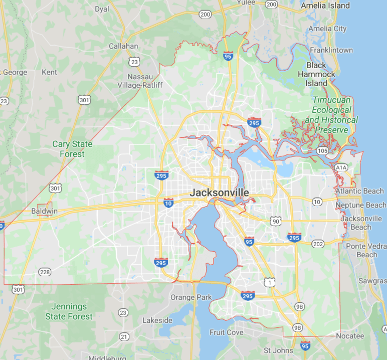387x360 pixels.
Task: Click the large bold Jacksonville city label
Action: [219, 193]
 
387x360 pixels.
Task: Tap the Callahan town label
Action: [123, 46]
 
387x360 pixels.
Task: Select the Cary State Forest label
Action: [72, 149]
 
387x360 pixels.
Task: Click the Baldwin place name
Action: [44, 211]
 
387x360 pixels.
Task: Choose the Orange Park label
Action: [191, 297]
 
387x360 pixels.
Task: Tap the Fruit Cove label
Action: [227, 332]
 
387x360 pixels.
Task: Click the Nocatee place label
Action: [350, 336]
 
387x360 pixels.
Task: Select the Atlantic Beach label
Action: [359, 191]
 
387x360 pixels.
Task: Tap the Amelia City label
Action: [327, 29]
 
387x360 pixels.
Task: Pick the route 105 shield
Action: [322, 151]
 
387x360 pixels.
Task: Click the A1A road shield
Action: [341, 167]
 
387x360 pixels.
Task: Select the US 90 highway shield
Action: [275, 221]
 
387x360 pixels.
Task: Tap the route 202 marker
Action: [318, 244]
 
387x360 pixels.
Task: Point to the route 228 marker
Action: [45, 272]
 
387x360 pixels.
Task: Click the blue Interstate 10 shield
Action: [168, 203]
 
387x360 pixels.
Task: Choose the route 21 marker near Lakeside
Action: [124, 336]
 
